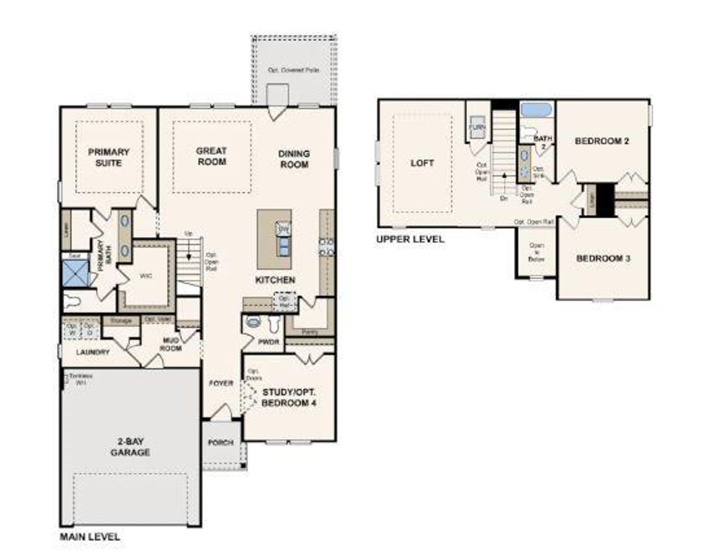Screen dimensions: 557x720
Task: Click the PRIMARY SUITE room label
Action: tap(108, 157)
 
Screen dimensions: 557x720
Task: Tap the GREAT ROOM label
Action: tap(211, 156)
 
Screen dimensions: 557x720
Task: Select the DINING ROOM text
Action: tap(294, 159)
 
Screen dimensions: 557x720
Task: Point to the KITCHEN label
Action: tap(275, 280)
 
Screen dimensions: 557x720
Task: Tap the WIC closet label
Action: tap(146, 276)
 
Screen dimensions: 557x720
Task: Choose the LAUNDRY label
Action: tap(93, 352)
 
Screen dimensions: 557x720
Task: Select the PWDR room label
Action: tap(269, 342)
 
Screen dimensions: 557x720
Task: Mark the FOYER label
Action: tap(221, 383)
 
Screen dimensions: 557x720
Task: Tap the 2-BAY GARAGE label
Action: tap(130, 447)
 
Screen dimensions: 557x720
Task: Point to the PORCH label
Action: tap(221, 442)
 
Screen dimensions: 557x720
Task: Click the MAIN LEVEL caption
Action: tap(89, 537)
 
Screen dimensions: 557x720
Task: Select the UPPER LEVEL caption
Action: tap(410, 239)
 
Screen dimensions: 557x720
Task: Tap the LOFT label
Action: tap(422, 162)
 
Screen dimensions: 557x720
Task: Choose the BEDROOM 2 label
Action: tap(601, 141)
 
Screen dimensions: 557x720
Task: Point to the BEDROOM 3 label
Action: tap(603, 258)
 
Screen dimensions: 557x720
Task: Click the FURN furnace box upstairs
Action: tap(478, 127)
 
